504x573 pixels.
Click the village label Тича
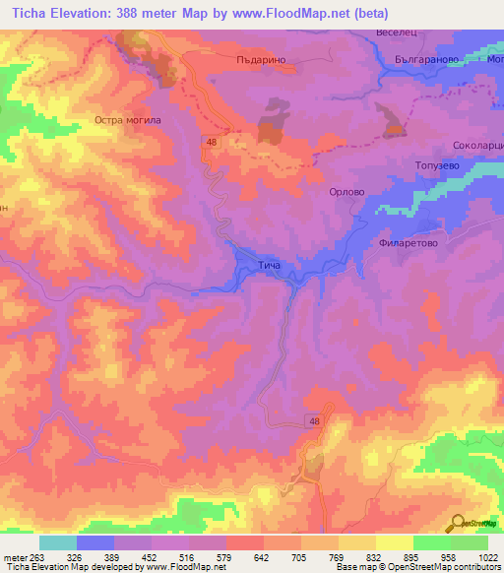point(269,266)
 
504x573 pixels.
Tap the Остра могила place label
point(127,120)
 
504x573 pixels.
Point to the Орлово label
point(346,193)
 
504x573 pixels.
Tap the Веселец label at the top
point(397,32)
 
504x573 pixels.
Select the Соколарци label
point(477,145)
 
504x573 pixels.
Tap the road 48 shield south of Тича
point(313,421)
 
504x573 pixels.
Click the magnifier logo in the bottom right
point(458,524)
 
